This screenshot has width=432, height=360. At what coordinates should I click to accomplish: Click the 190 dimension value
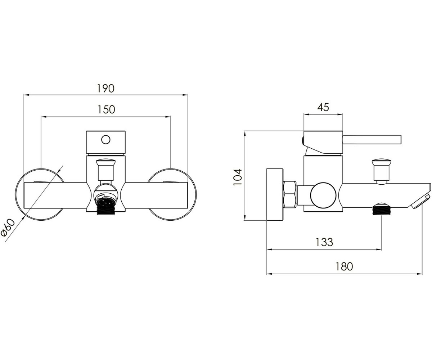pos(106,88)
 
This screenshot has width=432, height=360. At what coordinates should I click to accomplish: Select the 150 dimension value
pos(106,110)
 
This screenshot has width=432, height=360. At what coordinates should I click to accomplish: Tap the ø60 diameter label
pos(8,228)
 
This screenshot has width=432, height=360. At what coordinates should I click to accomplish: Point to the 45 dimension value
pos(323,107)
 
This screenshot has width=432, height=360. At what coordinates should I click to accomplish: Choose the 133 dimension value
pos(324,242)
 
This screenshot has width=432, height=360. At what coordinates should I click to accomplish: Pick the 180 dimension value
pos(344,267)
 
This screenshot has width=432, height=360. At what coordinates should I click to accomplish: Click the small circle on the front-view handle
pos(106,140)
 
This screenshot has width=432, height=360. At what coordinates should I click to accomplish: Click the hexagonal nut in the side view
pos(290,194)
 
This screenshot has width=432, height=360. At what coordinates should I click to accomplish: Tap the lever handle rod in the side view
pos(372,140)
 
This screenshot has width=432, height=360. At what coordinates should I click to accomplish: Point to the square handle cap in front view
pos(106,142)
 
